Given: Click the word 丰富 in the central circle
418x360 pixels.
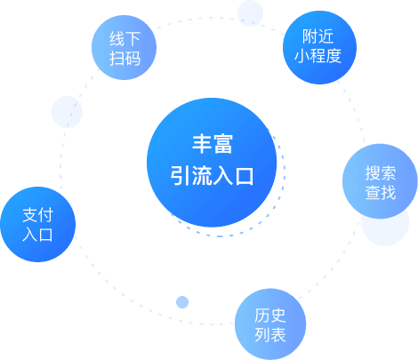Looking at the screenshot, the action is point(213,144).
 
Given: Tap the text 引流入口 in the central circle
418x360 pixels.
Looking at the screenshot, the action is point(213,176).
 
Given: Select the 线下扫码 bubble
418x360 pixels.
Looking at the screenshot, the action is point(124,47).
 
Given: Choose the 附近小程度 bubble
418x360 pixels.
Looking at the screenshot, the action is point(319,47).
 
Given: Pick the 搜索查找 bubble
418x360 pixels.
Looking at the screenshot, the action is point(380,181).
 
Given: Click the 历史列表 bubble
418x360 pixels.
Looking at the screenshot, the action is point(270,324).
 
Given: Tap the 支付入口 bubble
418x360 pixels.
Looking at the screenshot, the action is point(38,224).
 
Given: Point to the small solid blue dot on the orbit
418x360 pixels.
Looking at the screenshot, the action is point(182,302).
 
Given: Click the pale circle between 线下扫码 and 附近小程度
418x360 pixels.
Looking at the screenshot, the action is point(250,13).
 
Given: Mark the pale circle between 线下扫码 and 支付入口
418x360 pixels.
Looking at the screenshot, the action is point(67,112).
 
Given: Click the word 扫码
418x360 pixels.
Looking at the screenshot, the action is point(125,58).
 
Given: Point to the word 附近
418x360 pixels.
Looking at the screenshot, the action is point(318,36).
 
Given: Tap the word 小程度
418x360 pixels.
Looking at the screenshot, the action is point(318,56).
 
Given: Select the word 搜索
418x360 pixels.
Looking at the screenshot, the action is point(381,173).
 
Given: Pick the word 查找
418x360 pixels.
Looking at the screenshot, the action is point(381,192).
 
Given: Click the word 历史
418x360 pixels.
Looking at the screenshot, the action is point(270,316).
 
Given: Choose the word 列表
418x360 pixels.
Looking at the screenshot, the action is point(270,335).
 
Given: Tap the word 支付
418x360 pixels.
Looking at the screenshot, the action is point(38,215).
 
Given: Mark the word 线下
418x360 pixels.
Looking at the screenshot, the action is point(125,39).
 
